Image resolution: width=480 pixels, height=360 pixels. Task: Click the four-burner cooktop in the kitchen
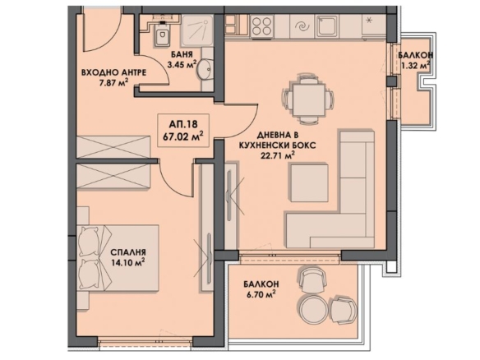tap(262, 26)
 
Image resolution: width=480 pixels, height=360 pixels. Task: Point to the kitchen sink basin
tap(327, 26)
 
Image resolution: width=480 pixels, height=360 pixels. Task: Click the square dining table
tap(308, 100)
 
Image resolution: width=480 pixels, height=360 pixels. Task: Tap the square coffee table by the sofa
tap(309, 183)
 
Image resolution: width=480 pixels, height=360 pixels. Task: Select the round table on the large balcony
tap(312, 310)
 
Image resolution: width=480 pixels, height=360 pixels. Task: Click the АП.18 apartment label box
tap(183, 130)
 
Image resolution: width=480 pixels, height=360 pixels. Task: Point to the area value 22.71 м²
tap(277, 156)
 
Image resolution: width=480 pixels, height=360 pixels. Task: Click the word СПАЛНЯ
tap(127, 252)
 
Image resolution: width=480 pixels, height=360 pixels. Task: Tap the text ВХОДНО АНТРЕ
tap(113, 73)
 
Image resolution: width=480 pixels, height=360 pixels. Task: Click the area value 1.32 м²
tap(415, 65)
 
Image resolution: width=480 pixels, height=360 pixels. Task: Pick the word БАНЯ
tap(182, 54)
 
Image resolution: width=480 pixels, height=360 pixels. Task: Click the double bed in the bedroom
tap(118, 258)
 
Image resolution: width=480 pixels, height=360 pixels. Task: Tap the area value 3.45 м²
tap(182, 65)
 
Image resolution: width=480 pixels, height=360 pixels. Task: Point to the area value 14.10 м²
tap(127, 263)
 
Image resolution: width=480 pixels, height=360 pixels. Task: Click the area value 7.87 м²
tap(113, 83)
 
